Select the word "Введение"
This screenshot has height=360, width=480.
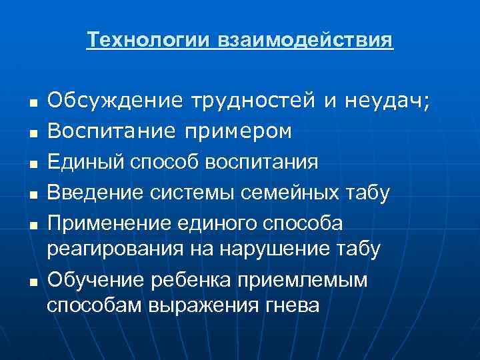(x=90, y=193)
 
